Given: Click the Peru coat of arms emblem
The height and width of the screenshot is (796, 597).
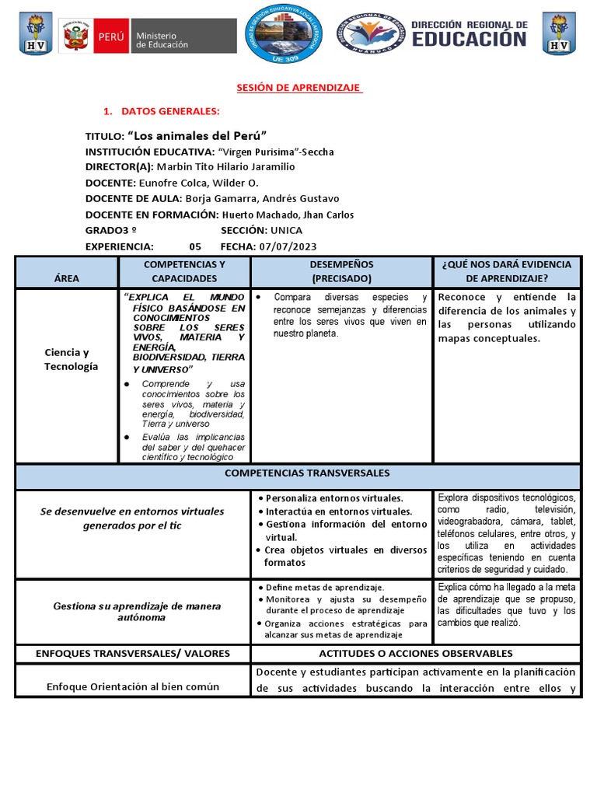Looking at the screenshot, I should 75,36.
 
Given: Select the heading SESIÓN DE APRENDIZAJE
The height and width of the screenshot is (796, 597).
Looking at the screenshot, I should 299,89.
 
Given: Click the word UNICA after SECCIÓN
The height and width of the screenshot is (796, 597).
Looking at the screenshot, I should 286,231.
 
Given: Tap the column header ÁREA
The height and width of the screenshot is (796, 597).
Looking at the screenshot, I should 67,278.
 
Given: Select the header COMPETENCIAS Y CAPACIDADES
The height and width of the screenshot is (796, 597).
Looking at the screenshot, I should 184,271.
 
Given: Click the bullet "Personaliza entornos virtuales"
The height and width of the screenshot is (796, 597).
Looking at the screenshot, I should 334,498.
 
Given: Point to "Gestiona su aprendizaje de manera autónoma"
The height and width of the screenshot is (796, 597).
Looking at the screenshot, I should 137,612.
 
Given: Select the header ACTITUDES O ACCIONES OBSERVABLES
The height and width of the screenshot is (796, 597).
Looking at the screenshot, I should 416,654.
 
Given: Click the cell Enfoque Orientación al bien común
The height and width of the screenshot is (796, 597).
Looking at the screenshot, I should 133,686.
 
